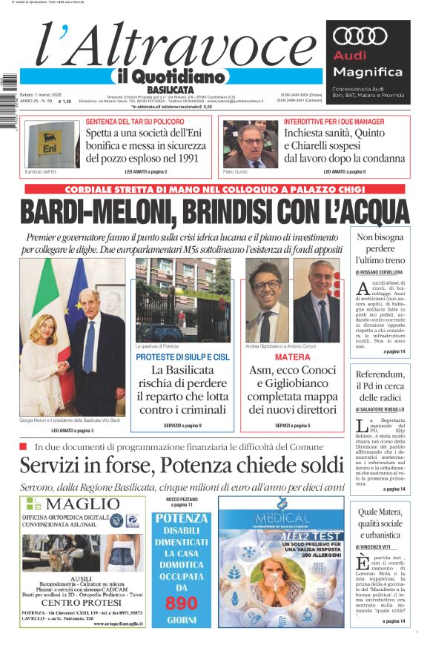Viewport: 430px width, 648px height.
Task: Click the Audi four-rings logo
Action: tap(360, 35)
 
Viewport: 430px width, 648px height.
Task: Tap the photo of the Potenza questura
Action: tap(182, 300)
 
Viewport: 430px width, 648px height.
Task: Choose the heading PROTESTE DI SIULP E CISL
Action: tap(182, 357)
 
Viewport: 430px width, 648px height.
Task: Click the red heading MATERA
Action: tap(292, 357)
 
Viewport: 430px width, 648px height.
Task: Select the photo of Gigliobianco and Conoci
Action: tap(292, 300)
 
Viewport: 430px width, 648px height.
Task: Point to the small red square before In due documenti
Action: tap(24, 446)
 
